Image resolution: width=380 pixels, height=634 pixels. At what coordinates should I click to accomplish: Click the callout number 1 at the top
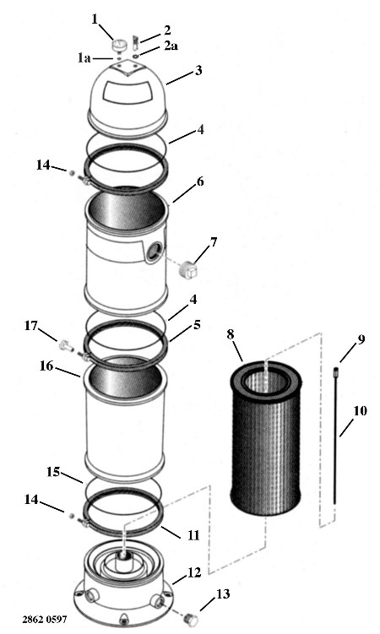click(x=95, y=19)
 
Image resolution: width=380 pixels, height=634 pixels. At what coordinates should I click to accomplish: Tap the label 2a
click(x=171, y=46)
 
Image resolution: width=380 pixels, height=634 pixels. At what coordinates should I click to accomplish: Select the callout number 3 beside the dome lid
click(x=198, y=70)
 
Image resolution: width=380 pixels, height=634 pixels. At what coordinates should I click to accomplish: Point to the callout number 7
click(x=213, y=242)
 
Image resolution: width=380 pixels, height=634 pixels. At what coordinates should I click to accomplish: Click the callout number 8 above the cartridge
click(x=230, y=334)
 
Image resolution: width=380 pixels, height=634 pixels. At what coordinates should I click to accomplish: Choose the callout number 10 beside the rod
click(x=360, y=411)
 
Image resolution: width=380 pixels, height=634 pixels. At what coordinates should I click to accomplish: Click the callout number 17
click(x=30, y=326)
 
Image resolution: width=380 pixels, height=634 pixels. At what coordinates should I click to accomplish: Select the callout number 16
click(x=46, y=366)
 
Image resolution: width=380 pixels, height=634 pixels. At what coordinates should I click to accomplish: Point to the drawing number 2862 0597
click(x=45, y=619)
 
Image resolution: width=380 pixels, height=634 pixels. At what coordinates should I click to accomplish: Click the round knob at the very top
click(x=119, y=45)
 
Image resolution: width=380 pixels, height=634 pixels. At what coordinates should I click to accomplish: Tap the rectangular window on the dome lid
click(x=126, y=91)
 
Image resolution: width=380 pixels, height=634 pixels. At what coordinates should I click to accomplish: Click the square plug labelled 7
click(x=188, y=269)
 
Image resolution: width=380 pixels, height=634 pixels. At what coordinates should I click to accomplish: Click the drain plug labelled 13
click(x=191, y=619)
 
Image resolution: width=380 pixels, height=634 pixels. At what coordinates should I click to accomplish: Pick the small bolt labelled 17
click(x=66, y=346)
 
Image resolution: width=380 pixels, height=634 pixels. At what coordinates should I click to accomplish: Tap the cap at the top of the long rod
click(x=335, y=371)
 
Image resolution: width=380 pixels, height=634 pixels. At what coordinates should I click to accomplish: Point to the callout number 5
click(x=197, y=325)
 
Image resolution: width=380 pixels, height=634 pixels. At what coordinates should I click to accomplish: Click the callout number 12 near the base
click(x=194, y=572)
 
